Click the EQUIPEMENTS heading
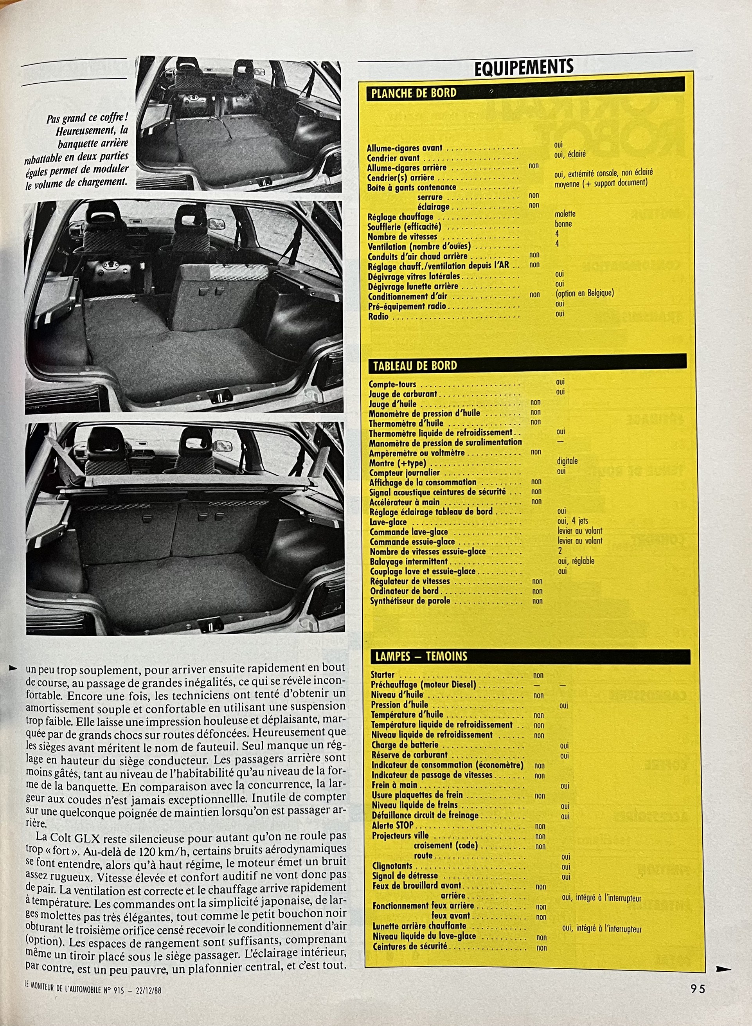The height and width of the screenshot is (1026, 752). click(x=524, y=67)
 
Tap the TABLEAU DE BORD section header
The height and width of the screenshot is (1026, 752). click(x=415, y=365)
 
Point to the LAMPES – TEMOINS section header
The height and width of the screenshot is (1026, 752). click(x=421, y=656)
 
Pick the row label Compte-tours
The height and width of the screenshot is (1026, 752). click(x=392, y=384)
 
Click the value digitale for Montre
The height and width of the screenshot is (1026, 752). click(x=567, y=461)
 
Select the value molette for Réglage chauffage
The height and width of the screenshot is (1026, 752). click(x=565, y=214)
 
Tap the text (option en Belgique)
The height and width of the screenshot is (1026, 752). click(x=585, y=293)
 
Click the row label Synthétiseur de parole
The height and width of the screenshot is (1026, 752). click(x=410, y=601)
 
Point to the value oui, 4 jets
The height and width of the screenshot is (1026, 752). click(x=573, y=521)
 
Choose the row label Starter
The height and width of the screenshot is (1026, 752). click(x=383, y=675)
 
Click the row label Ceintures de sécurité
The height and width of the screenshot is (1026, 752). click(x=410, y=946)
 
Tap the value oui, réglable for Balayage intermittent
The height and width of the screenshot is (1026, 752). click(x=576, y=561)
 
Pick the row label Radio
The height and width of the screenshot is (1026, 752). click(x=378, y=316)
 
